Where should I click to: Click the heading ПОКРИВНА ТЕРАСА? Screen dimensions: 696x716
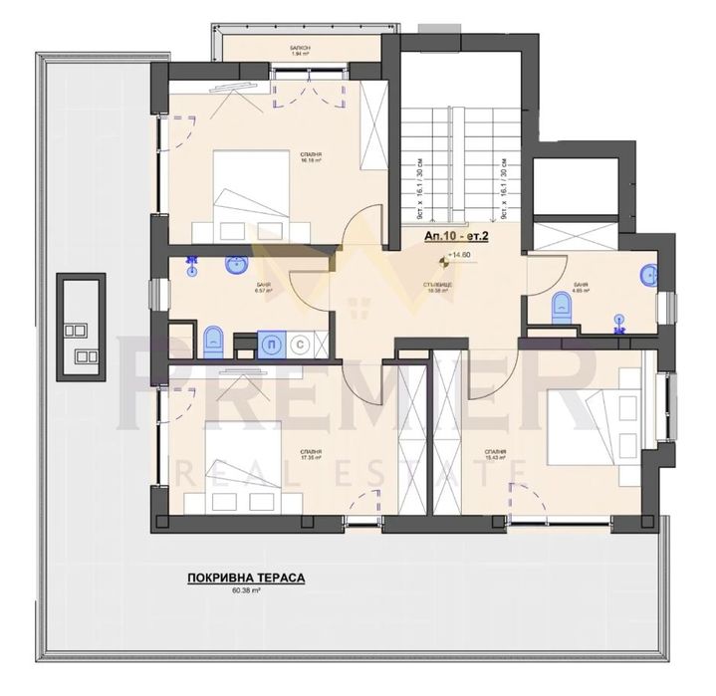(244, 577)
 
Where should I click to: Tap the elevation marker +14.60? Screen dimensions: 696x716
(458, 255)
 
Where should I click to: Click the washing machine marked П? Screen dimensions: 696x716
(269, 342)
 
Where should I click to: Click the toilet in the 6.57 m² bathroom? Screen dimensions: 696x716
(210, 342)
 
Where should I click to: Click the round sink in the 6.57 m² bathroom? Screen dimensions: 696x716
(236, 266)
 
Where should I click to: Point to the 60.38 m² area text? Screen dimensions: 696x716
(245, 590)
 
